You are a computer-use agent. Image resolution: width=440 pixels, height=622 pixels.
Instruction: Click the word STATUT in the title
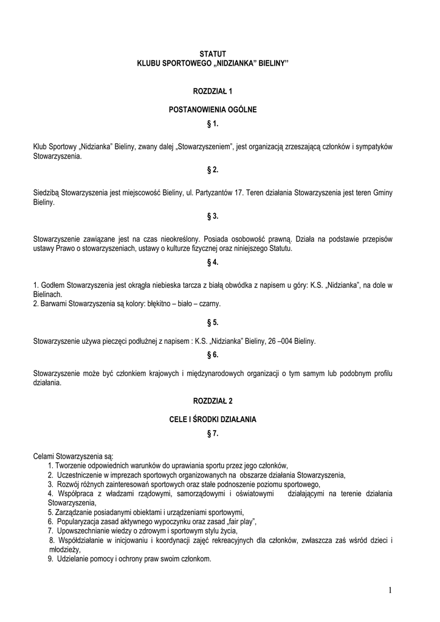click(213, 55)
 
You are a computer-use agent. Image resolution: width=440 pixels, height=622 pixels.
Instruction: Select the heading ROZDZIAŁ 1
click(213, 91)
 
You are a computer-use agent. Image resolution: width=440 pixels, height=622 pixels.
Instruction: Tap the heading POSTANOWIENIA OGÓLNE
click(213, 110)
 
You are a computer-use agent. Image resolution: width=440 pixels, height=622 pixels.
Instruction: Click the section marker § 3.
click(213, 216)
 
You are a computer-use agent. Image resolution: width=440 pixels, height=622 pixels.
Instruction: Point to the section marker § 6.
click(213, 354)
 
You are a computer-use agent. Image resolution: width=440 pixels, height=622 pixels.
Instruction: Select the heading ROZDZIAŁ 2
click(213, 402)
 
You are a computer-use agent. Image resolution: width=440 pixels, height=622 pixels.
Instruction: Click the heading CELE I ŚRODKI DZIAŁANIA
click(213, 420)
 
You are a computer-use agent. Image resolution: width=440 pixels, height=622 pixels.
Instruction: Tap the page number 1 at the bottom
click(390, 589)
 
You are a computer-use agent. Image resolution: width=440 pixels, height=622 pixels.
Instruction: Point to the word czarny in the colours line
click(209, 303)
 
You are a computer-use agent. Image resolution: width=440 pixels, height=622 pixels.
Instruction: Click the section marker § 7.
click(213, 433)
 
